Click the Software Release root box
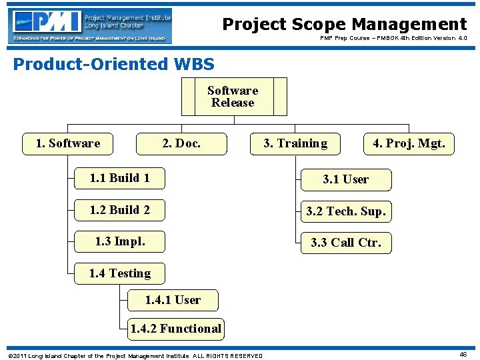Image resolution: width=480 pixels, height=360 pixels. pyautogui.click(x=233, y=97)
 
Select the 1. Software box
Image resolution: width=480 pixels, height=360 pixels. pyautogui.click(x=67, y=143)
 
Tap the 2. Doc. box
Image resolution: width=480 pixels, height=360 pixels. pyautogui.click(x=181, y=143)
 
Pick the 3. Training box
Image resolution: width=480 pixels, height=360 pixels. pyautogui.click(x=295, y=143)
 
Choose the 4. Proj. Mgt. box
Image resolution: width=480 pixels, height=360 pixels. pyautogui.click(x=409, y=143)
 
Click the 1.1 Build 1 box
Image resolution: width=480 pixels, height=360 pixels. pyautogui.click(x=119, y=178)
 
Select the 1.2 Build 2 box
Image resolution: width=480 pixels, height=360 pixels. pyautogui.click(x=119, y=210)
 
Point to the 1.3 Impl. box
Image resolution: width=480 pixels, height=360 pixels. pyautogui.click(x=119, y=241)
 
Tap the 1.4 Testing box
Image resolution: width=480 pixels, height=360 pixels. pyautogui.click(x=119, y=273)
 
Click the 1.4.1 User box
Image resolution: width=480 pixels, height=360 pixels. pyautogui.click(x=173, y=300)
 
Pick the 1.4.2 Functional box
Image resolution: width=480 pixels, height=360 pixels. pyautogui.click(x=176, y=328)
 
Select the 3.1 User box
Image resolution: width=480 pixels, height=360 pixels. pyautogui.click(x=345, y=179)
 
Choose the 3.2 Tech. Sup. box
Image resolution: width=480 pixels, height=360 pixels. pyautogui.click(x=345, y=212)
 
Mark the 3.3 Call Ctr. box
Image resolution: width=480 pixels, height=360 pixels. pyautogui.click(x=345, y=243)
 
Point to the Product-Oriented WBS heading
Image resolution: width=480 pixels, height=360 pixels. pyautogui.click(x=114, y=65)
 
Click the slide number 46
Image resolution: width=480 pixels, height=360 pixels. pyautogui.click(x=463, y=355)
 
